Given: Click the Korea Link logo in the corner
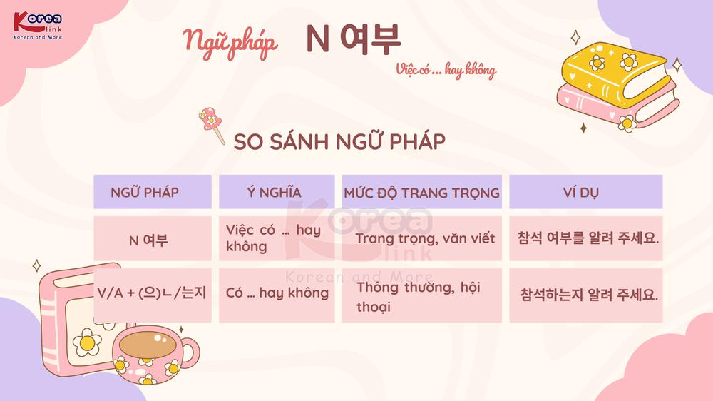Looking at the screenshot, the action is pos(38,26).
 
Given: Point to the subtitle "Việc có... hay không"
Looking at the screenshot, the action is pos(446,70).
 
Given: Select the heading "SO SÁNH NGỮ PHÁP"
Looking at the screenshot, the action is pos(339,141).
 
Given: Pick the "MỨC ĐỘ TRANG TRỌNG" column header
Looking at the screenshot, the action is pos(422,192).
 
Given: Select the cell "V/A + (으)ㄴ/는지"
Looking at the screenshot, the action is pos(153,293).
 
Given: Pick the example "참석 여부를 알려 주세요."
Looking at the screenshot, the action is pos(588,238).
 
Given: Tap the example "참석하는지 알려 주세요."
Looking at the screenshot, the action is pos(589,295).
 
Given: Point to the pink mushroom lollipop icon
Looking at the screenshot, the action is pos(212,124).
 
